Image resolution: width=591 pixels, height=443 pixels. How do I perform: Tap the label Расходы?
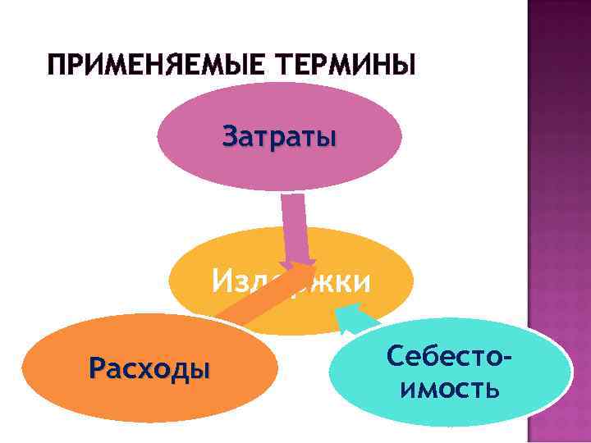(148, 368)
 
